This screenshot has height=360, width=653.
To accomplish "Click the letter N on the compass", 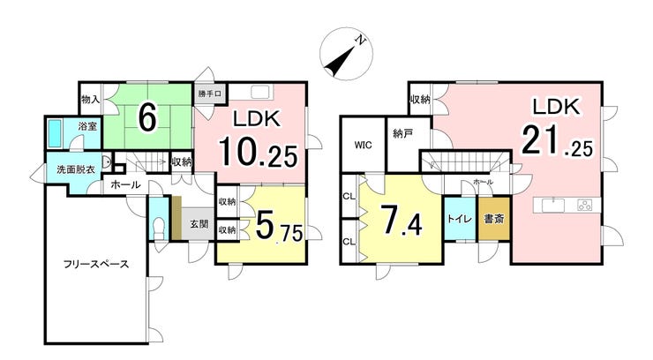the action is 361,41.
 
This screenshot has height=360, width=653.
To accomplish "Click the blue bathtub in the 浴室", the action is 55,133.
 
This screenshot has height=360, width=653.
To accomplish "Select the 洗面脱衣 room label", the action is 76,169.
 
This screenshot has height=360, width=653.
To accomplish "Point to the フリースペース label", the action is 96,264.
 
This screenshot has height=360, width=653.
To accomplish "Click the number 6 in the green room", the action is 147,117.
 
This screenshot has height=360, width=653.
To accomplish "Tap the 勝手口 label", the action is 209,94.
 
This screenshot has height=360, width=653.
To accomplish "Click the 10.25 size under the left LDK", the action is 259,151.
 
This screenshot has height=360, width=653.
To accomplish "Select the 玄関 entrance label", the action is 199,223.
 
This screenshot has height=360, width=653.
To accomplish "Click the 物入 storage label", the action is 90,100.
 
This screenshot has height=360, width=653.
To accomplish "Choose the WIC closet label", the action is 364,146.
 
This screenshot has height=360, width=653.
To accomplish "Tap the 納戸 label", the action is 402,133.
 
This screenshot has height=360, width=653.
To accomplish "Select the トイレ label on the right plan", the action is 460,219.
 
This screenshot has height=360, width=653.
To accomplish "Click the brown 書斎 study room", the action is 494,219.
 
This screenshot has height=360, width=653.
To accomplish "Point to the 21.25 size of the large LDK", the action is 557,140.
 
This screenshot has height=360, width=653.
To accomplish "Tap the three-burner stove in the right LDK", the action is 585,205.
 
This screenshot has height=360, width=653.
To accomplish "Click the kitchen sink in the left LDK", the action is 261,92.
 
